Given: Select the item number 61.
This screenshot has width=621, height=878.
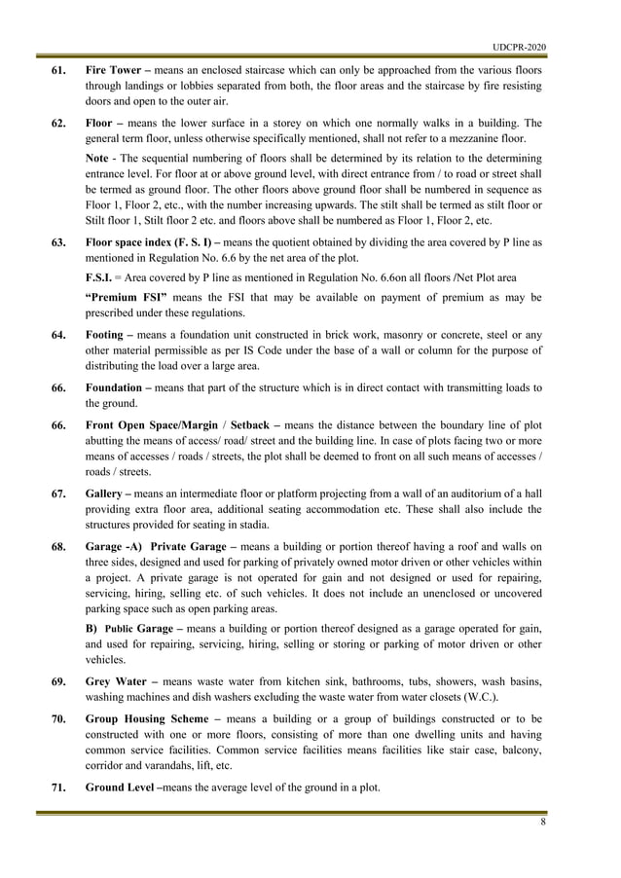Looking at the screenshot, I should [x=58, y=73].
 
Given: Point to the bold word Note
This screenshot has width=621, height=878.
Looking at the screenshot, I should [x=96, y=158].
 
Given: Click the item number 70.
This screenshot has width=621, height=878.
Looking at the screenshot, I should [x=58, y=721].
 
